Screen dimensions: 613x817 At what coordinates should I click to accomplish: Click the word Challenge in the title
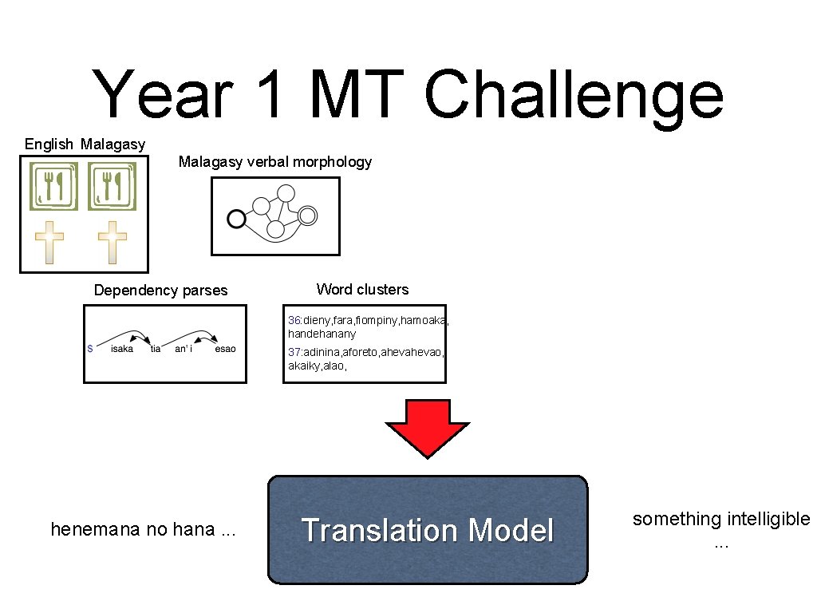[x=574, y=96]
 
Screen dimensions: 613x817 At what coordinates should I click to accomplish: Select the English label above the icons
[x=49, y=144]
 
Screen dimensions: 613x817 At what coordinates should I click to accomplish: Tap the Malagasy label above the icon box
[x=112, y=144]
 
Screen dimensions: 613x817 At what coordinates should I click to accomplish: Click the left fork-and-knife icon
[x=54, y=186]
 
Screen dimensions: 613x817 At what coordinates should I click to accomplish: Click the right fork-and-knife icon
[x=112, y=186]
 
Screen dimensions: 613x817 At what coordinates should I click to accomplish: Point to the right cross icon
[x=112, y=243]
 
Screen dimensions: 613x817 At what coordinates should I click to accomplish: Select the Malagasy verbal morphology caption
[x=275, y=162]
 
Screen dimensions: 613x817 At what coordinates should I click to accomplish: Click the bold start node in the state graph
[x=235, y=217]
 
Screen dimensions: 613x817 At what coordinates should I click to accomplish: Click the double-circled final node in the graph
[x=308, y=215]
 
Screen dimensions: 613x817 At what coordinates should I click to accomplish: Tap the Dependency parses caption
[x=160, y=291]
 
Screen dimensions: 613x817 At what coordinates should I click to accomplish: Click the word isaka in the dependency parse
[x=122, y=349]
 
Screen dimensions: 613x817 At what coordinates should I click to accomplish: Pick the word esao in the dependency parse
[x=225, y=349]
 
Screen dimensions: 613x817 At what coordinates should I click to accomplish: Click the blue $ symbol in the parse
[x=90, y=349]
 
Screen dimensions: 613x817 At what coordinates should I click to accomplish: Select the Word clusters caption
[x=362, y=289]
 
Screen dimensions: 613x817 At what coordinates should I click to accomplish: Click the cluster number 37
[x=294, y=352]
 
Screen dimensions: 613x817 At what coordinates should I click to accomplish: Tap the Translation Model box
[x=428, y=530]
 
